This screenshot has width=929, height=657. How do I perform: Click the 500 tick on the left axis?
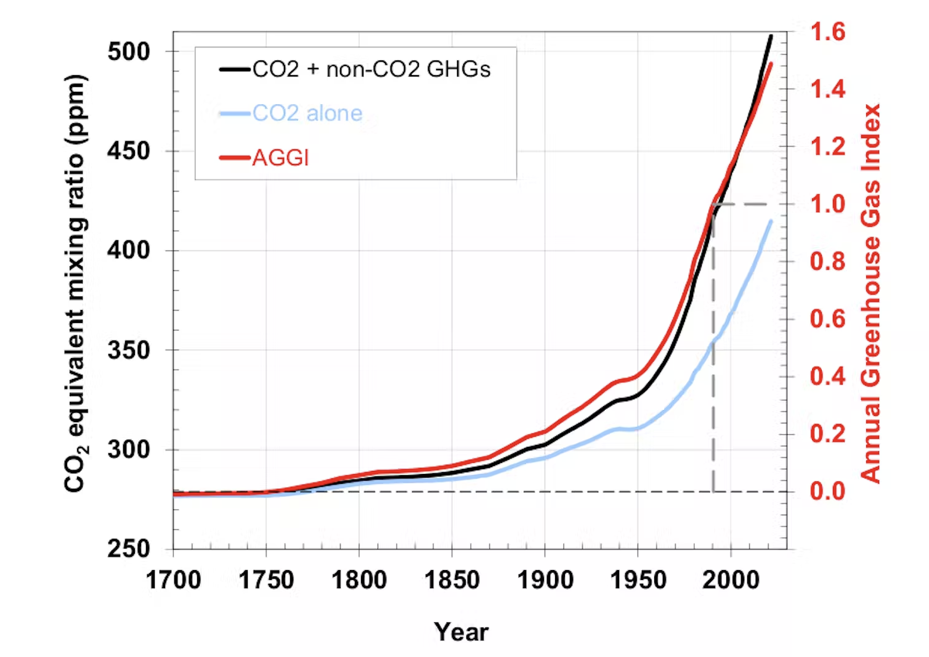coord(129,52)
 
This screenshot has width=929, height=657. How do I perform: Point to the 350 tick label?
coord(129,350)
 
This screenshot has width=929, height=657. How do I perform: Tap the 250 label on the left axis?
coord(129,549)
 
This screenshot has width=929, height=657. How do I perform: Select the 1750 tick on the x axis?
coord(266,580)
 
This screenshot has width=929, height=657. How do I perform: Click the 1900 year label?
coord(545,580)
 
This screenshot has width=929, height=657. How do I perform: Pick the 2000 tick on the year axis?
coord(731,580)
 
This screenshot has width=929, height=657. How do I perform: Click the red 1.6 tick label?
coord(827,32)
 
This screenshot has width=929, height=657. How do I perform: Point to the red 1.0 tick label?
coord(827,204)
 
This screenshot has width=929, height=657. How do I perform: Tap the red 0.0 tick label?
coord(827,491)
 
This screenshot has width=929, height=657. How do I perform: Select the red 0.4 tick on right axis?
coord(827,376)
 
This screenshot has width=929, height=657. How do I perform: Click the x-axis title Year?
coord(461,632)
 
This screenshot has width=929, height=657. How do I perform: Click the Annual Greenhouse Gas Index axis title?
coord(871,293)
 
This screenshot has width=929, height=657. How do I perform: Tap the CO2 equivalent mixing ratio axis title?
coord(76,284)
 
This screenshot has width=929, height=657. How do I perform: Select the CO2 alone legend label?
coord(307,113)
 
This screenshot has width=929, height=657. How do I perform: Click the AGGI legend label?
coord(280,158)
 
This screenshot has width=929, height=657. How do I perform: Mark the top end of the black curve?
coord(770,36)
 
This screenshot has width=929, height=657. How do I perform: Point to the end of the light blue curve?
coord(770,221)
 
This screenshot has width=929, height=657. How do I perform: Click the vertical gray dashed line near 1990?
coord(713,370)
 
